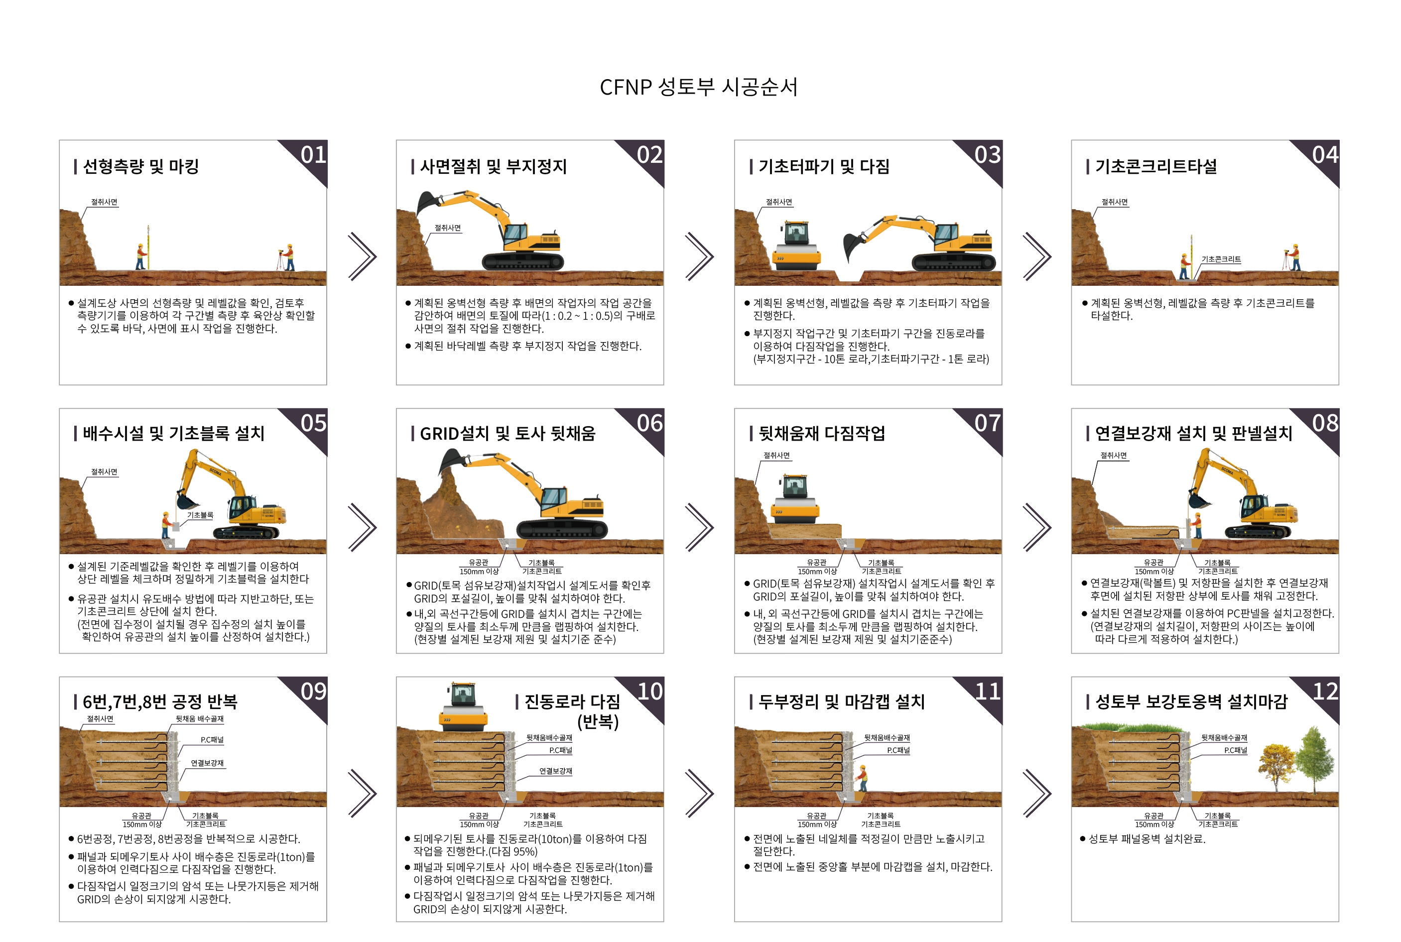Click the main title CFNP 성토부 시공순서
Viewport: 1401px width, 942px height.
(699, 87)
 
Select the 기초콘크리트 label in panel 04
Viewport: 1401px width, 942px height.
(1221, 259)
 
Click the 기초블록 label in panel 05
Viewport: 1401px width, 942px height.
(200, 515)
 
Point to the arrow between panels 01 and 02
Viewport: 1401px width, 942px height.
(362, 256)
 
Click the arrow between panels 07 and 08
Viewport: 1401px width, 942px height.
(1037, 527)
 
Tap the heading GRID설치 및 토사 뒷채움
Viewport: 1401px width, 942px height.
(507, 433)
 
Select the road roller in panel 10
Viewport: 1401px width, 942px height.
(463, 706)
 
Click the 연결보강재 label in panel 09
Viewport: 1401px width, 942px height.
(207, 763)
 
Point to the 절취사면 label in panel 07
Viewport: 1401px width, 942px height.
(776, 456)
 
